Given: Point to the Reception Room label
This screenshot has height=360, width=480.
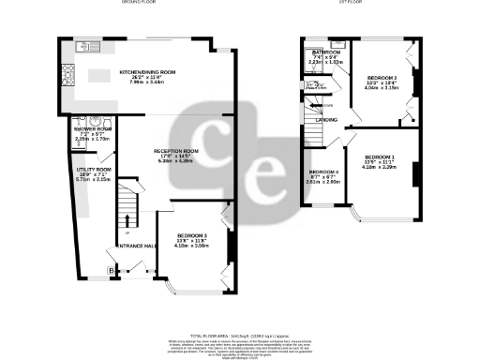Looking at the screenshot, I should (176, 151).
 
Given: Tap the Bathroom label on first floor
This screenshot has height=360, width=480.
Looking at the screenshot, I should (326, 52).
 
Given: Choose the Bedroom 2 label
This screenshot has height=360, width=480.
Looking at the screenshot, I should (381, 76).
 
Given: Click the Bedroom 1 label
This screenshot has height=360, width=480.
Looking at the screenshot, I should (380, 156).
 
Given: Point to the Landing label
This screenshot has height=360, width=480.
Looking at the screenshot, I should (327, 120).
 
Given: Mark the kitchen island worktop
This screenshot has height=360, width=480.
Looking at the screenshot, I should (97, 78).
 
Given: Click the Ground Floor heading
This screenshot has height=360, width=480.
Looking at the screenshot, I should (139, 3).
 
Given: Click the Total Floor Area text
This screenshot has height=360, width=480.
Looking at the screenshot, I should (238, 335).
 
